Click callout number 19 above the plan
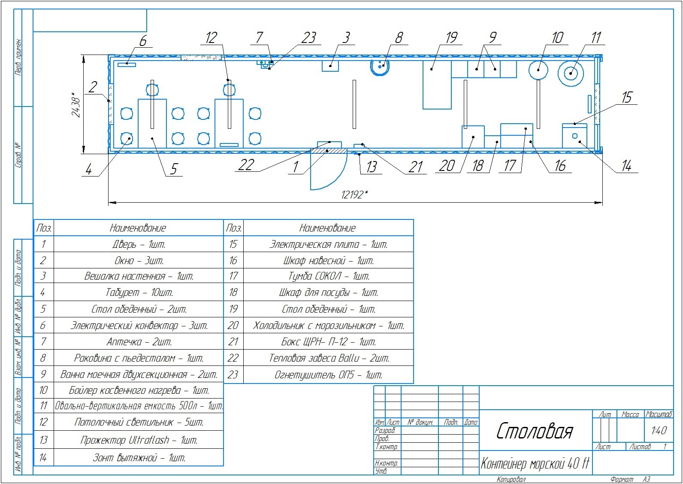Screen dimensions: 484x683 point(451,37)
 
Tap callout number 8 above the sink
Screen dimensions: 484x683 point(399,38)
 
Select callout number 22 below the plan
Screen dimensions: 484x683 point(246,165)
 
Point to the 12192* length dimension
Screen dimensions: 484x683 point(354,195)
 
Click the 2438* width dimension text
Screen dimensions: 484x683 point(76,104)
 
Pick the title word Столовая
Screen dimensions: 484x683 point(534,431)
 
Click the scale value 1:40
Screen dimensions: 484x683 point(659,430)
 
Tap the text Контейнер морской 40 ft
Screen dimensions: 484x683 point(535,464)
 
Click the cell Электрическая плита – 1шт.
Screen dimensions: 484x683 point(328,244)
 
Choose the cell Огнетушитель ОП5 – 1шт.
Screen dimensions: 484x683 point(328,375)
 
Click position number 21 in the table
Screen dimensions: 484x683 point(233,342)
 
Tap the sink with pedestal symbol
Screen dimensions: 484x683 point(380,67)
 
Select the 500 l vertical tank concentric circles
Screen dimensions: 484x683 point(571,73)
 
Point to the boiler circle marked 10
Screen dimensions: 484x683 point(538,70)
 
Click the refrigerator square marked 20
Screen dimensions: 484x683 point(473,137)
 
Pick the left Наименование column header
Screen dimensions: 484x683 point(138,228)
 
